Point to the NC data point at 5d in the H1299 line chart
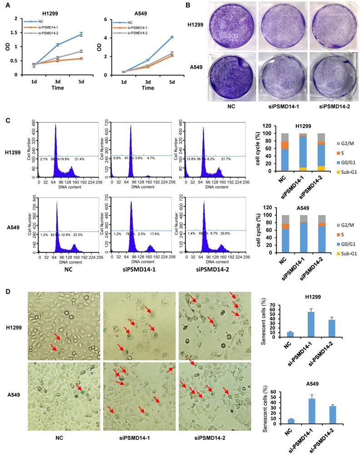(81, 34)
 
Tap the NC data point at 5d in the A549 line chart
(171, 37)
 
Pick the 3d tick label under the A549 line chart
(148, 81)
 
